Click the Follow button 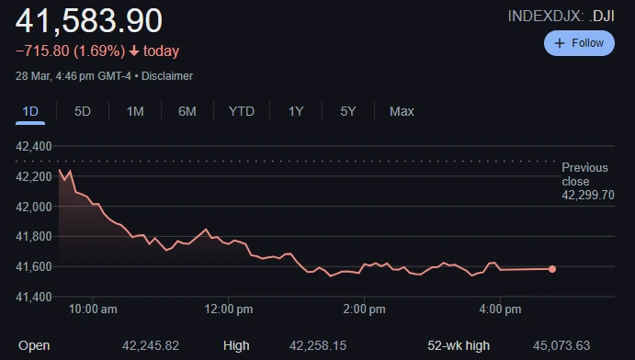pos(579,43)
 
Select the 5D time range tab pos(83,111)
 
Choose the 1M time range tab pos(135,111)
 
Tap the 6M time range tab pos(187,111)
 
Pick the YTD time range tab pos(242,111)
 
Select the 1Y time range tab pos(296,111)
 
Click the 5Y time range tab pos(348,111)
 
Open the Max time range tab pos(402,111)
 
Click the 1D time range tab pos(30,111)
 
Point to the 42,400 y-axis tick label pos(34,146)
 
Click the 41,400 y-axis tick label pos(34,297)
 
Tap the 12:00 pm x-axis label pos(229,309)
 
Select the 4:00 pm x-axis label pos(502,309)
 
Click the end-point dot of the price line pos(552,269)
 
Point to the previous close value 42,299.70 pos(588,196)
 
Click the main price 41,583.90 pos(89,20)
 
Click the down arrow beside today pos(134,51)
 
